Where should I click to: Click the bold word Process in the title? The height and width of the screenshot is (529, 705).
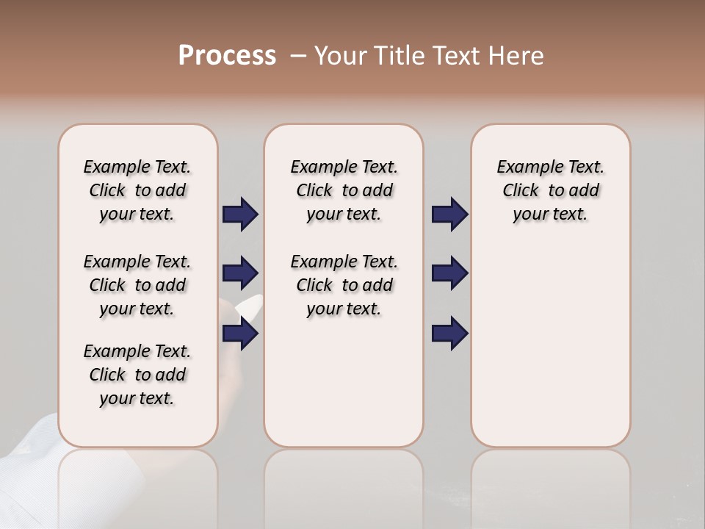[x=227, y=56]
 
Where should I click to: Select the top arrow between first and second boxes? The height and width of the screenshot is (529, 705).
[x=240, y=214]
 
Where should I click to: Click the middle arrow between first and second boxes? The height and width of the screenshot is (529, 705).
[x=240, y=273]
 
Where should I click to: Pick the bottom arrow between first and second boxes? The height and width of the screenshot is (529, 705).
[x=240, y=334]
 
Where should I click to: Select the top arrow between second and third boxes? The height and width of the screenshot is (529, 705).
[x=449, y=214]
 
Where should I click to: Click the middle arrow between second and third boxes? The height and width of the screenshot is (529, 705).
[x=449, y=273]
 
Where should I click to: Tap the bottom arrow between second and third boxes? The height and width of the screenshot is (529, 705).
[x=449, y=334]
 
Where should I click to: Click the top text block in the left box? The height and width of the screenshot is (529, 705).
[x=137, y=190]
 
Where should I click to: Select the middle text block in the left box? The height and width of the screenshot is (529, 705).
[x=137, y=285]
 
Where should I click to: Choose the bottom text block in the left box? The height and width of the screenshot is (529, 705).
[x=137, y=375]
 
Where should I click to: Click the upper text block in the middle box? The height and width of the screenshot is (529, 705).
[x=344, y=190]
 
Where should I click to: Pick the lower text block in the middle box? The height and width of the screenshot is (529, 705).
[x=344, y=285]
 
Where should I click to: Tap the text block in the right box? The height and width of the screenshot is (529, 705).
[x=550, y=190]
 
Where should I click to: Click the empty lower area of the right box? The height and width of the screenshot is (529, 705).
[x=550, y=353]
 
